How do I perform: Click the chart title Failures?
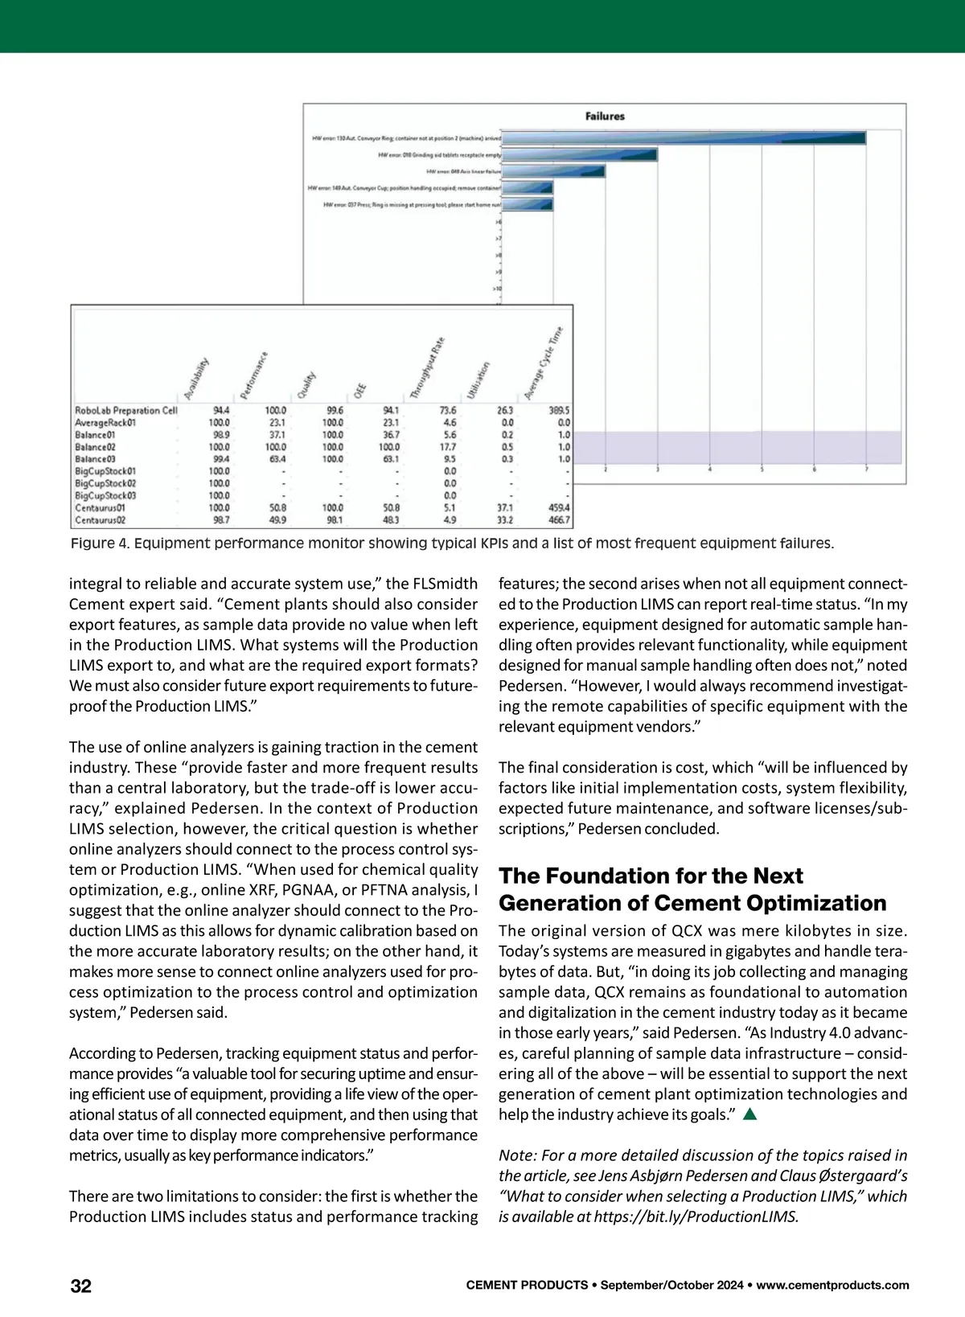pos(605,117)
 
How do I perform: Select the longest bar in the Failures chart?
pos(684,138)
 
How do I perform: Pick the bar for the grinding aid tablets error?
pos(579,155)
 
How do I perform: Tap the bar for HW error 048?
pos(553,171)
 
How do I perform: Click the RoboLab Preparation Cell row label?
pos(125,410)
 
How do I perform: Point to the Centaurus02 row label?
pos(101,520)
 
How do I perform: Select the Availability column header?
pos(196,378)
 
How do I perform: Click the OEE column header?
pos(359,391)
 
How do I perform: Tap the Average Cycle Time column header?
pos(544,363)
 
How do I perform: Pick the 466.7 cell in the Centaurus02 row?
pos(558,520)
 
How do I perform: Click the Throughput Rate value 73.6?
pos(447,410)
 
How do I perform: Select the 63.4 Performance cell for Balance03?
pos(275,459)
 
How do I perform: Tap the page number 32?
pos(81,1286)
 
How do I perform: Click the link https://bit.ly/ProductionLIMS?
pos(696,1216)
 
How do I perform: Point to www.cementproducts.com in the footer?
pos(833,1286)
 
